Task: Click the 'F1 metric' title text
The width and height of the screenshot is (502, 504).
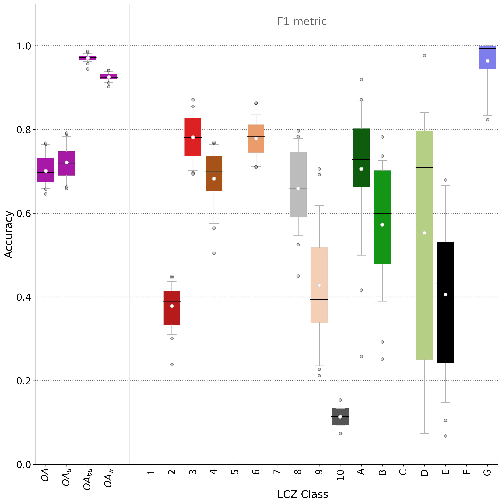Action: point(302,21)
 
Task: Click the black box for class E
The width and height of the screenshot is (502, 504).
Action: point(445,303)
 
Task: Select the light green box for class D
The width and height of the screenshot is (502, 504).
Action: point(424,245)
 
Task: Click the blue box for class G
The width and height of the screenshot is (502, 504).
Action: point(487,57)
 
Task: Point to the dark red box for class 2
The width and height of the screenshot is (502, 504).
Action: point(172,308)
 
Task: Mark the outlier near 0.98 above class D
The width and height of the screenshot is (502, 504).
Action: point(424,56)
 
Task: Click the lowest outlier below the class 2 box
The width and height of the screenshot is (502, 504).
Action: point(172,364)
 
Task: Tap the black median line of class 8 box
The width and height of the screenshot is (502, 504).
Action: point(298,189)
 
